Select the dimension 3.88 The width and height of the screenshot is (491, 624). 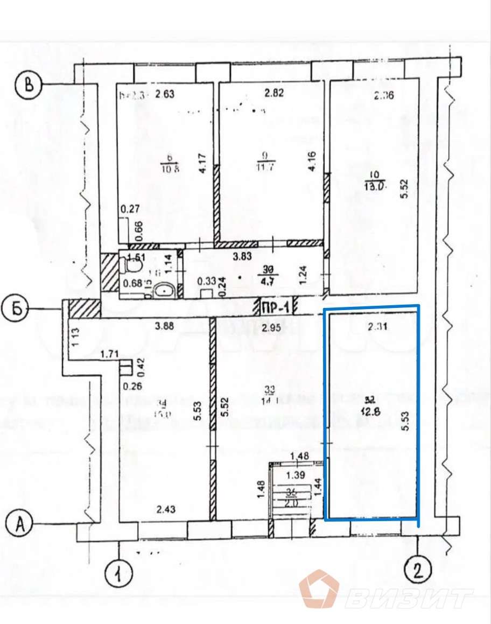pyautogui.click(x=165, y=325)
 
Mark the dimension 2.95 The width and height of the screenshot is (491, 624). pyautogui.click(x=272, y=327)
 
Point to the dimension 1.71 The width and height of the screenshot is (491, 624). pyautogui.click(x=110, y=354)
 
